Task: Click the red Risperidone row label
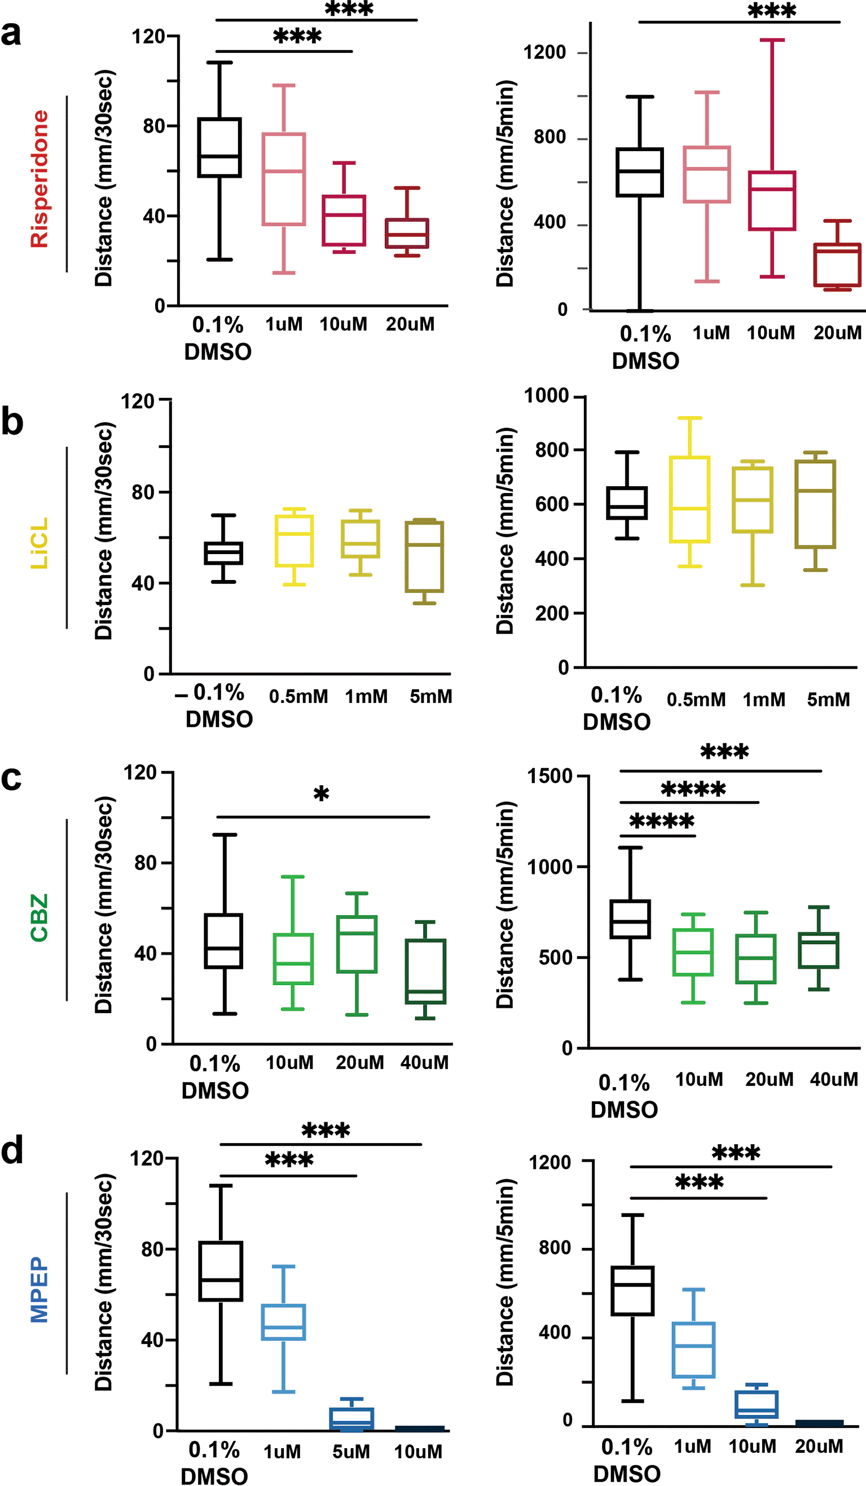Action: [39, 179]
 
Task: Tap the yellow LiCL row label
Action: [39, 543]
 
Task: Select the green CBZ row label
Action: [39, 917]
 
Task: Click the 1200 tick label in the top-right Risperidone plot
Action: [545, 52]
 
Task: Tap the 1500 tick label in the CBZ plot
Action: [550, 776]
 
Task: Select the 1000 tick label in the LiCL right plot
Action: [546, 395]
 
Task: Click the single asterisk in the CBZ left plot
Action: [321, 794]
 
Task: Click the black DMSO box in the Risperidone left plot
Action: [219, 147]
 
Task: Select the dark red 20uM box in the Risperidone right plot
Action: [837, 265]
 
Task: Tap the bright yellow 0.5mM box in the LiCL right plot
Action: [689, 499]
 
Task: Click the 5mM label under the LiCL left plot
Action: [431, 696]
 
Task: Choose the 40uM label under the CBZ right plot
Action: [834, 1080]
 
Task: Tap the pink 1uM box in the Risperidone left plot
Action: [284, 179]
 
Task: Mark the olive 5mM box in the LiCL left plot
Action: [424, 557]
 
